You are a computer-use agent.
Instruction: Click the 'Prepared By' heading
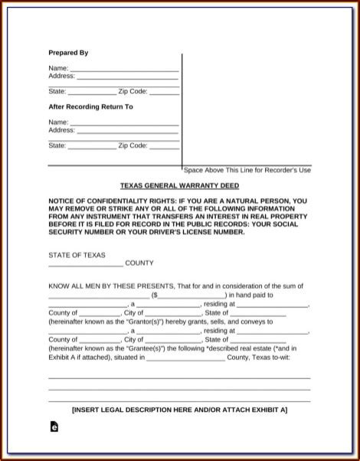[x=68, y=53]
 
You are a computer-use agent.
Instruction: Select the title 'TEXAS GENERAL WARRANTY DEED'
[x=179, y=186]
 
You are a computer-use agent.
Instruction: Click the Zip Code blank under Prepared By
[x=164, y=92]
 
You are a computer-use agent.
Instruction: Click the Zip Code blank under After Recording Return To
[x=164, y=145]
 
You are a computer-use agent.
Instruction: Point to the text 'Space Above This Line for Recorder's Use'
[x=247, y=169]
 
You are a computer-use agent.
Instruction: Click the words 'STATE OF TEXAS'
[x=77, y=255]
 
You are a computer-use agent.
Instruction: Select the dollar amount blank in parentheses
[x=191, y=294]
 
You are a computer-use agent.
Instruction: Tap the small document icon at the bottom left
[x=54, y=429]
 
